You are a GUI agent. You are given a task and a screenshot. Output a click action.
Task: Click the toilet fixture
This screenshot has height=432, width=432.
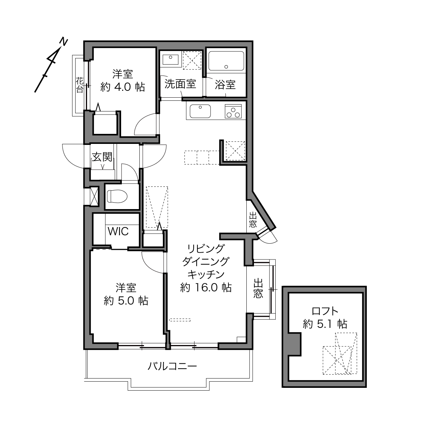tap(117, 196)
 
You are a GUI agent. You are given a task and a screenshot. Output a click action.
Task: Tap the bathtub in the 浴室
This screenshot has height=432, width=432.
tap(226, 61)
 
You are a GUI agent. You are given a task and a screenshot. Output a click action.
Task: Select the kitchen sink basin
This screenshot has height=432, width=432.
tap(200, 111)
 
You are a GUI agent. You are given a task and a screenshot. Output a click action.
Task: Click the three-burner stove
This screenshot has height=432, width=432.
tap(233, 111)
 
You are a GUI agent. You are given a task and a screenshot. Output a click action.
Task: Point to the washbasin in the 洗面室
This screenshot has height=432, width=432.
tap(170, 59)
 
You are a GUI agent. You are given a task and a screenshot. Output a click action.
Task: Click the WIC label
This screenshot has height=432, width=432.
tap(118, 231)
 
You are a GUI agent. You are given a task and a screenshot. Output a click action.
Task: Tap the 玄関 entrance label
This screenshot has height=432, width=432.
tap(102, 157)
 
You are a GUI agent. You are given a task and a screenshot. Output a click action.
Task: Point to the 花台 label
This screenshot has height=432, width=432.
tap(80, 85)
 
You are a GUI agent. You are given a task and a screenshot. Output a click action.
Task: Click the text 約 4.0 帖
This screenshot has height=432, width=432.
tap(122, 87)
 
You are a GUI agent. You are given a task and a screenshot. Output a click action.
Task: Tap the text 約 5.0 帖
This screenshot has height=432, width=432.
tap(126, 301)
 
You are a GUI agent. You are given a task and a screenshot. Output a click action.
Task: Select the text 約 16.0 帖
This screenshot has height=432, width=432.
tap(206, 288)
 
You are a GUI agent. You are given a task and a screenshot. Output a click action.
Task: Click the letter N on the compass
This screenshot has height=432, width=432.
tap(63, 42)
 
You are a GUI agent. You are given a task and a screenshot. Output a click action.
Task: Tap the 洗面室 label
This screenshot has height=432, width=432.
tap(180, 84)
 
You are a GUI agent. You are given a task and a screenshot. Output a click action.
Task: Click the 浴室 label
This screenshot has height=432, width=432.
tap(225, 85)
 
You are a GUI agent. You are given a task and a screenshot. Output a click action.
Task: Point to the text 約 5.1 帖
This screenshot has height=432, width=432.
tap(325, 324)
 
